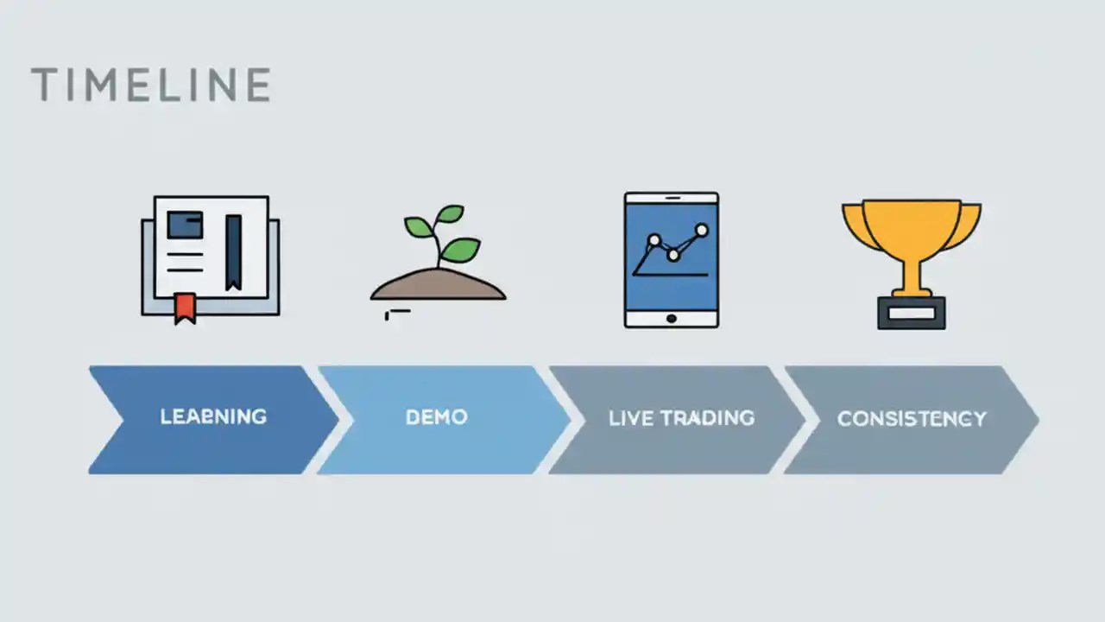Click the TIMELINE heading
pos(150,85)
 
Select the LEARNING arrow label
pos(213,417)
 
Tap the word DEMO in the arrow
pos(437,417)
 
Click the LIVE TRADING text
pos(681,418)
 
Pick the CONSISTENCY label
pos(912,419)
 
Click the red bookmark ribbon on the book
pos(184,307)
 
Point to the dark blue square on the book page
pos(186,225)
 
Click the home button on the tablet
pos(671,318)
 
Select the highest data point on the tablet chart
pos(701,230)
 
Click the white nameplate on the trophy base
pos(912,314)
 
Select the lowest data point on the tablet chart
pos(673,255)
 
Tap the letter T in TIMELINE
pos(44,85)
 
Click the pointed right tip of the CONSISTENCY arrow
pos(1036,420)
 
